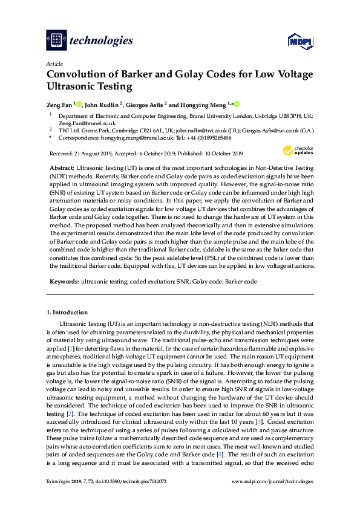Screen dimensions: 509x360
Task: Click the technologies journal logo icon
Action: (56, 40)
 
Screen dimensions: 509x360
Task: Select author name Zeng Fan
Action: (59, 104)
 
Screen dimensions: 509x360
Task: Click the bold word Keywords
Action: (64, 282)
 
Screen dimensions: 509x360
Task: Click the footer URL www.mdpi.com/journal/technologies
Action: (273, 498)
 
